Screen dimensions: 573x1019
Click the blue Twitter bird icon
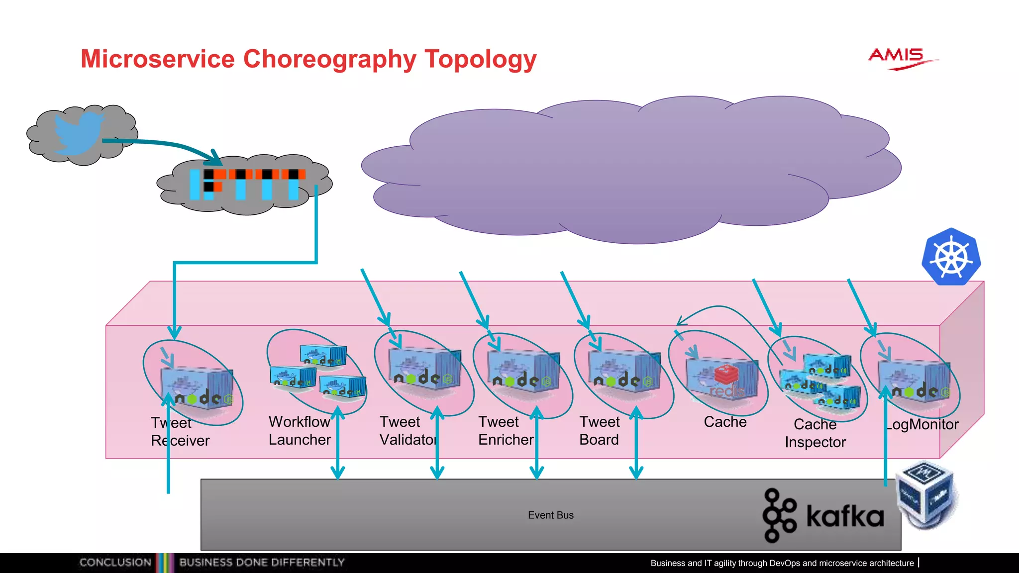(x=78, y=132)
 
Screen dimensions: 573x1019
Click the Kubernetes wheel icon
(x=951, y=257)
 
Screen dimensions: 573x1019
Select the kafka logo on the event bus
(x=824, y=515)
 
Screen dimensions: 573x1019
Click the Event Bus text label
(x=550, y=515)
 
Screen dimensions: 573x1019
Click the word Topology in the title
(x=480, y=59)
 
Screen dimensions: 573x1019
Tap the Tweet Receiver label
(x=180, y=432)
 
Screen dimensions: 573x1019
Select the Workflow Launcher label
(x=300, y=431)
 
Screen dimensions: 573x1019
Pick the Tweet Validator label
(x=408, y=431)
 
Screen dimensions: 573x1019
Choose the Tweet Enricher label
(x=506, y=431)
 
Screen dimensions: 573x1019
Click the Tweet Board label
(x=600, y=431)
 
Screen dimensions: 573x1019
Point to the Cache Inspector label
(x=815, y=433)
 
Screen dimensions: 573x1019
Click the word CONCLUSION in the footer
(x=115, y=563)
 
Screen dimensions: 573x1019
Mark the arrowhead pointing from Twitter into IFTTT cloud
(x=215, y=159)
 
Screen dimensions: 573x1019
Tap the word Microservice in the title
(x=157, y=59)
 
